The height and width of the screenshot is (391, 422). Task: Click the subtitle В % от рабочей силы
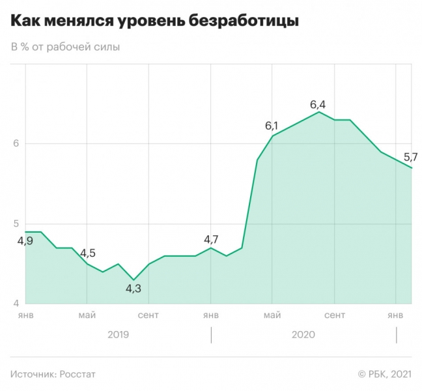pyautogui.click(x=65, y=48)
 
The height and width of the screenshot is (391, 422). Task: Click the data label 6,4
pyautogui.click(x=318, y=104)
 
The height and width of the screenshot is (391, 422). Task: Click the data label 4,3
pyautogui.click(x=134, y=288)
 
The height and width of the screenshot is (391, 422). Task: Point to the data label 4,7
pyautogui.click(x=211, y=239)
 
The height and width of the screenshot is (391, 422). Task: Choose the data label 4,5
pyautogui.click(x=88, y=253)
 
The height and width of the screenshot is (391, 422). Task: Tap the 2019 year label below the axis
pyautogui.click(x=118, y=334)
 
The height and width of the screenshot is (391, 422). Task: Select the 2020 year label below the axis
pyautogui.click(x=303, y=334)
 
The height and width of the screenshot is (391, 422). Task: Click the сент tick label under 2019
pyautogui.click(x=148, y=315)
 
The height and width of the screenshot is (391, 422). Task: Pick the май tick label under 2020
pyautogui.click(x=272, y=315)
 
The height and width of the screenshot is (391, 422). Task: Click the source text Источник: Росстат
pyautogui.click(x=53, y=373)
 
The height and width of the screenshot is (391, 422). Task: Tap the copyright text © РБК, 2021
pyautogui.click(x=384, y=373)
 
